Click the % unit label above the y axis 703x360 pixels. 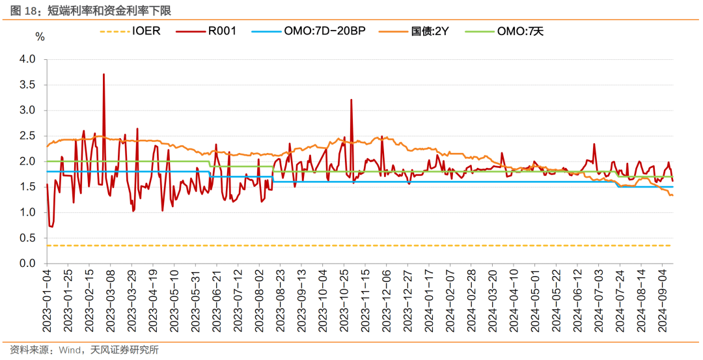[40, 37]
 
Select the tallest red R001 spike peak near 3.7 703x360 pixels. [103, 74]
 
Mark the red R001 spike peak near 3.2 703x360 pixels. [351, 100]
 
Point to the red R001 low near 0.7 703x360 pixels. [51, 227]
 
